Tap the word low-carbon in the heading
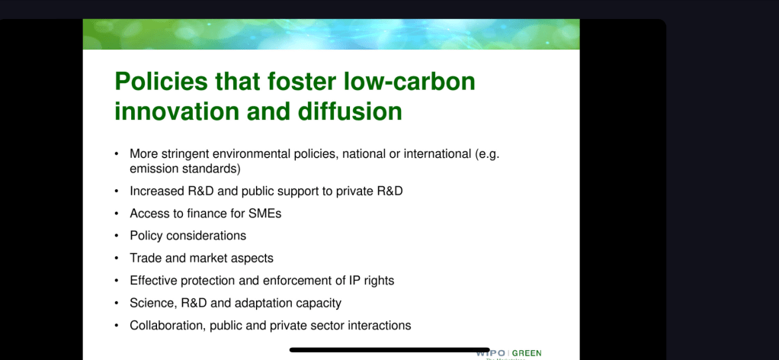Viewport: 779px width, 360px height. tap(409, 82)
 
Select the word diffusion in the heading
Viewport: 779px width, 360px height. tap(350, 111)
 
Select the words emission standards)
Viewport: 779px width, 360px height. tap(185, 169)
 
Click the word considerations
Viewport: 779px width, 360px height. tap(206, 236)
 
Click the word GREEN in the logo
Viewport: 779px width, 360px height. tap(527, 354)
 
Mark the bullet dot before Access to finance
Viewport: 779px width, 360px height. tap(117, 214)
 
